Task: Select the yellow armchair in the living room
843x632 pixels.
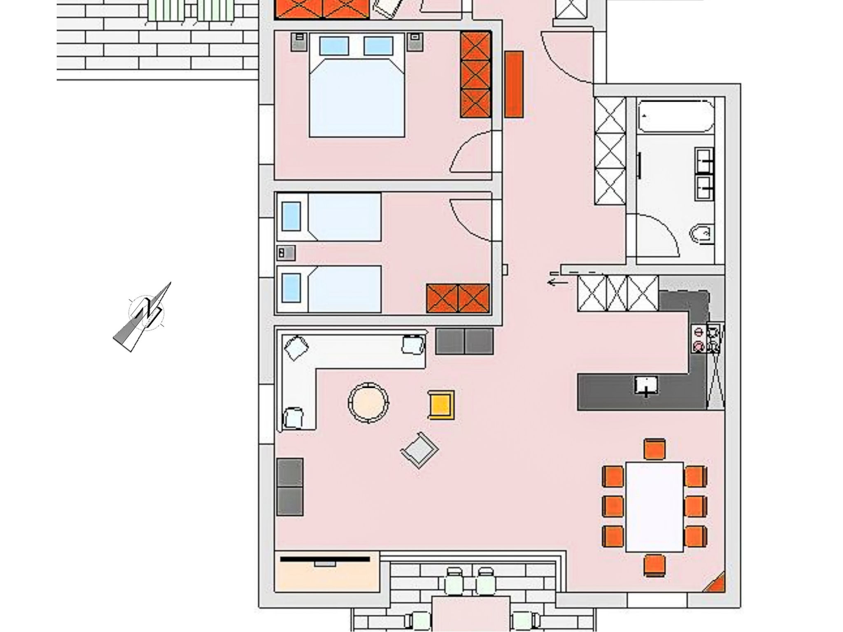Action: [441, 405]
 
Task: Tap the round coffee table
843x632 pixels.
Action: [368, 402]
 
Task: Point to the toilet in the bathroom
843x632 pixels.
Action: [701, 235]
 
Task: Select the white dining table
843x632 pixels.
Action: [654, 507]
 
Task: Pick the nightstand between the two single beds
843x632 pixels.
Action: [286, 253]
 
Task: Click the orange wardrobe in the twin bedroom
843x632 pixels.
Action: [458, 298]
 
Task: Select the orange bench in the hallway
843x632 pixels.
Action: [514, 84]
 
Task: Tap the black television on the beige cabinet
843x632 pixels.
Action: [325, 559]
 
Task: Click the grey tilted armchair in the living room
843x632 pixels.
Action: [419, 450]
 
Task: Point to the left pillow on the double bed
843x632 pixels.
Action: [334, 46]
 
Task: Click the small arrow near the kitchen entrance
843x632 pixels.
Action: [558, 282]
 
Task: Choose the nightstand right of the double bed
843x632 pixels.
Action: [415, 42]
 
